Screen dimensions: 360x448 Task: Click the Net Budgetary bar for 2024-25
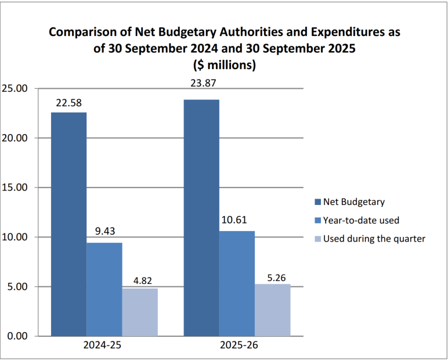pos(68,224)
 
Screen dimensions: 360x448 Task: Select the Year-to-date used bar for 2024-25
pos(104,289)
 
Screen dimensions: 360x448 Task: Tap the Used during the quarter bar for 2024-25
pos(140,312)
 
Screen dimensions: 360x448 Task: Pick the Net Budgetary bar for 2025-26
pos(201,218)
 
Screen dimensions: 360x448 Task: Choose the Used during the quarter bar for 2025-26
pos(273,310)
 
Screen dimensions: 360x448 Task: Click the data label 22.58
pos(68,103)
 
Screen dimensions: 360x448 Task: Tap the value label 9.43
pos(104,232)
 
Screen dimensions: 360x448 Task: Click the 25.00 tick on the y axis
pos(15,89)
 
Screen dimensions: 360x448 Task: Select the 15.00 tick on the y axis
pos(15,188)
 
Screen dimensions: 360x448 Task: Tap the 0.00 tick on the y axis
pos(17,336)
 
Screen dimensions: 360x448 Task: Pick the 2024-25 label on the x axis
pos(104,346)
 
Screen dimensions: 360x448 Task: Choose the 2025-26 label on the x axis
pos(237,346)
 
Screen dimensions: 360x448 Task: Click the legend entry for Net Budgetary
pos(354,201)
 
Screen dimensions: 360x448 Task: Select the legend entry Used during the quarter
pos(374,239)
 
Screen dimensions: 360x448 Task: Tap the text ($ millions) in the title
pos(224,65)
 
